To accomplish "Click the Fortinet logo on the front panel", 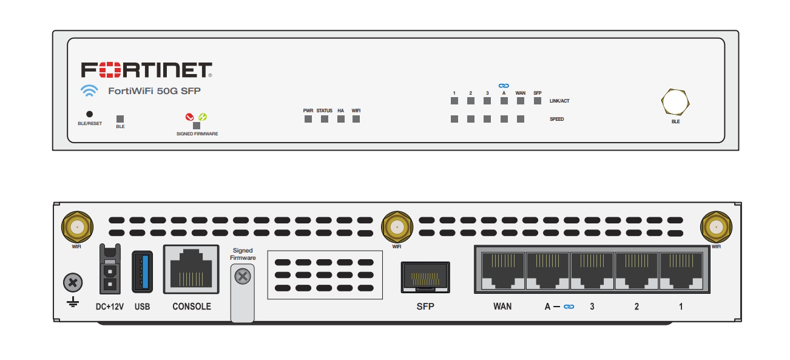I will [x=146, y=70].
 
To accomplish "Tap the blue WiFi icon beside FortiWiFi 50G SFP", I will [x=89, y=91].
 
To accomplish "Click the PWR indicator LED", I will [x=308, y=119].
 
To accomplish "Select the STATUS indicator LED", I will [x=325, y=119].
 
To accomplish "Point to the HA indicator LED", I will [x=341, y=119].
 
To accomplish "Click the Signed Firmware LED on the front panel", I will [x=197, y=126].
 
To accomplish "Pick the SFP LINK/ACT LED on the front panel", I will [x=538, y=101].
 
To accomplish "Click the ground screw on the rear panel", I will [x=73, y=282].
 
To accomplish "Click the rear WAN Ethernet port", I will [x=502, y=271].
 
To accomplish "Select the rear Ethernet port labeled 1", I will [x=681, y=271].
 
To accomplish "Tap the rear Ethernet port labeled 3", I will [x=592, y=271].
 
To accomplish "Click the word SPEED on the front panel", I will [x=556, y=120].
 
